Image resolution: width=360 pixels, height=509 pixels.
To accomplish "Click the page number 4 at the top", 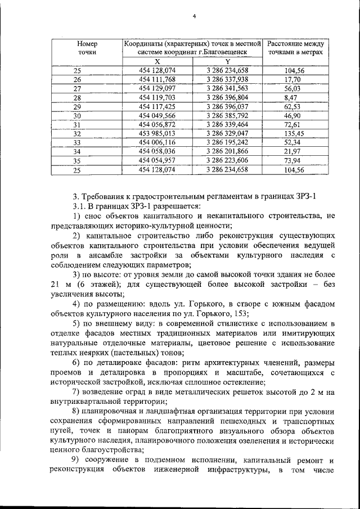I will [193, 16].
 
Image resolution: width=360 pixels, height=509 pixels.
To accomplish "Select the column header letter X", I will [157, 61].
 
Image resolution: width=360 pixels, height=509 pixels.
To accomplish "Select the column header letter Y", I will [227, 61].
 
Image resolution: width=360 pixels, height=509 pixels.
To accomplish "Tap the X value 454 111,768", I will [157, 80].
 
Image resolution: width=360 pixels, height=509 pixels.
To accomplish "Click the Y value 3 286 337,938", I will [227, 80].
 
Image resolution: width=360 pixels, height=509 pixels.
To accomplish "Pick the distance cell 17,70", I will [295, 80].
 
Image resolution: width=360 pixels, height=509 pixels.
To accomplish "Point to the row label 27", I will [78, 89].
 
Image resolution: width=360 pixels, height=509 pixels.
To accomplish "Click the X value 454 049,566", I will [157, 116].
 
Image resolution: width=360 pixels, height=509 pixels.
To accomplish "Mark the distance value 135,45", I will [295, 134].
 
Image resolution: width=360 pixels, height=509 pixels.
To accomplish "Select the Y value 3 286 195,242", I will [227, 143].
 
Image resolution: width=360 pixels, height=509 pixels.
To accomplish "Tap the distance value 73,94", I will [295, 161].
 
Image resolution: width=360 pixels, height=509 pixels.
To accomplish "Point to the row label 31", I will [78, 125].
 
